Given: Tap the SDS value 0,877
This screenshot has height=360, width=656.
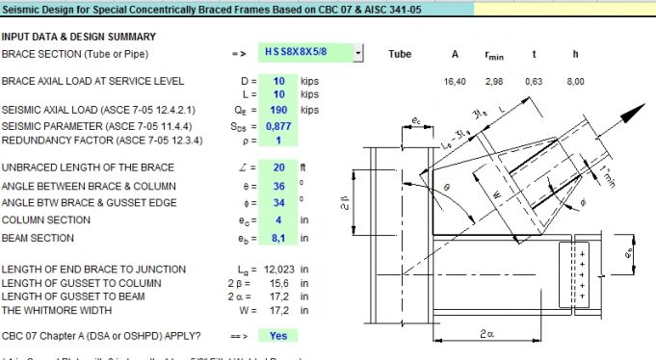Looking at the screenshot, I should pyautogui.click(x=279, y=125).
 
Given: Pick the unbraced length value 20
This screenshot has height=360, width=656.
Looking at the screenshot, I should pyautogui.click(x=279, y=168).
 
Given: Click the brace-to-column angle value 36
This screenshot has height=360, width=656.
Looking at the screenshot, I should pyautogui.click(x=279, y=185).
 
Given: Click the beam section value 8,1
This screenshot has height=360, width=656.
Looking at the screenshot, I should pyautogui.click(x=279, y=238).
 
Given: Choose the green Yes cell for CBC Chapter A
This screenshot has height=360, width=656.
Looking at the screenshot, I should pyautogui.click(x=278, y=336).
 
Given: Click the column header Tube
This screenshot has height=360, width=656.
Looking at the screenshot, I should pyautogui.click(x=400, y=54).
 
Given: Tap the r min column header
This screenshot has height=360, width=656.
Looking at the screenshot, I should pyautogui.click(x=495, y=55).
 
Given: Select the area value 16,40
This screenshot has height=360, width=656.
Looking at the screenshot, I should pyautogui.click(x=454, y=82).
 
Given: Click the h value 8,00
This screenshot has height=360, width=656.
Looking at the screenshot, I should pyautogui.click(x=575, y=82).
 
